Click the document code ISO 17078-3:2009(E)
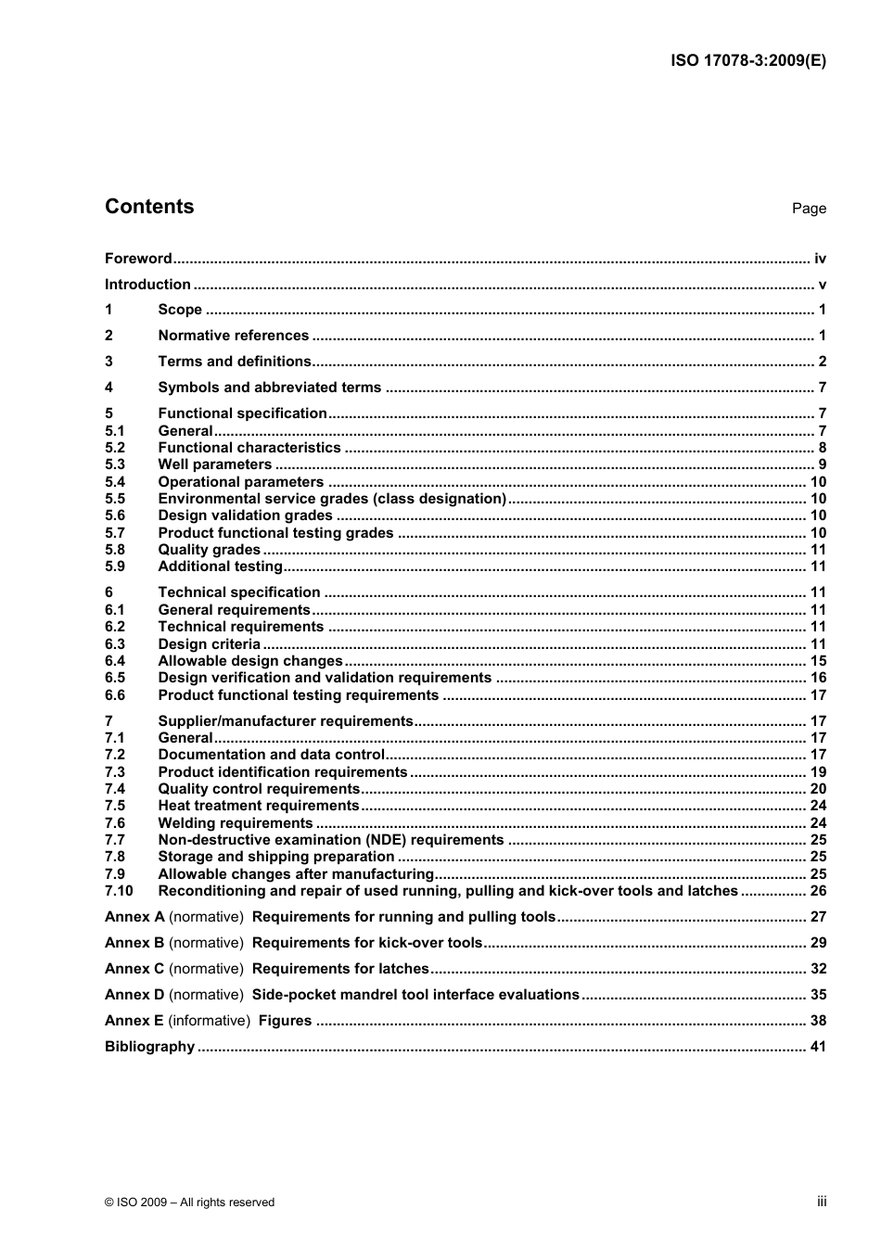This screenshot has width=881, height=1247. point(747,61)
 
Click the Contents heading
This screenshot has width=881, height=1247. point(149,207)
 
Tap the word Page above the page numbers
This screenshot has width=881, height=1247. point(809,209)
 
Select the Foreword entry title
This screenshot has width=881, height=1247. point(138,259)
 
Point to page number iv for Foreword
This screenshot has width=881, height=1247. point(820,259)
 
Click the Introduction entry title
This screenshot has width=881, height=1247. point(147,285)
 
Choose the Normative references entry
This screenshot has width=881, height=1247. point(233,336)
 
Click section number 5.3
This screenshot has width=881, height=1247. point(115,464)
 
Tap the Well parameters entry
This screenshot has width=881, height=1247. point(214,464)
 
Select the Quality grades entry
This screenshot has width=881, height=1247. point(209,550)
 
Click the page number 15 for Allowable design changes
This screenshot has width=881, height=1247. point(818,661)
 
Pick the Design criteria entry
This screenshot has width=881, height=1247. point(209,644)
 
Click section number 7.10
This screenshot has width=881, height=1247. point(119,891)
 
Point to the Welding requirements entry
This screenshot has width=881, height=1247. point(236,823)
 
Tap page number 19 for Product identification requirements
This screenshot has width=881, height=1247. point(818,772)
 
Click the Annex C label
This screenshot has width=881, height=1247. point(134,969)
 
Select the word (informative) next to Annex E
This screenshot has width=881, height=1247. point(209,1021)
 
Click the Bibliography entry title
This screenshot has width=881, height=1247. point(149,1047)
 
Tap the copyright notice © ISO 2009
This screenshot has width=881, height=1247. point(189,1202)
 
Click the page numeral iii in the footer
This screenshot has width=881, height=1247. point(822,1202)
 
